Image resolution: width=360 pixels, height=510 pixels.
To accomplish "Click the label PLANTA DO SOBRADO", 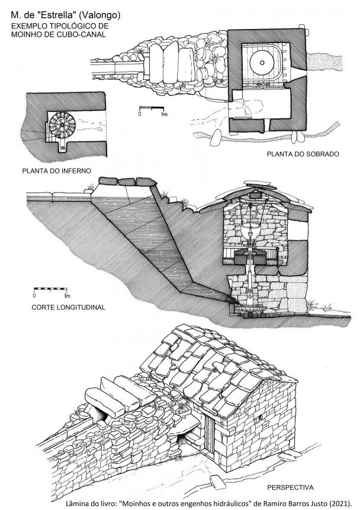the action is (303, 154).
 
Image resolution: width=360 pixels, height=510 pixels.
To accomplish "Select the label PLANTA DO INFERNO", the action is (57, 171).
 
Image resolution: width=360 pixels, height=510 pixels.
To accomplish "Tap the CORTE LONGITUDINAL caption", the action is (68, 307).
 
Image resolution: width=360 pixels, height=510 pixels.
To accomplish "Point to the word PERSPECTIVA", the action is (290, 487).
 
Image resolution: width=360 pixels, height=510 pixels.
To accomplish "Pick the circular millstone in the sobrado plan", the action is (262, 62).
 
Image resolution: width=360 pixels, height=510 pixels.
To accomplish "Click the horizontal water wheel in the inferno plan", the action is (62, 125).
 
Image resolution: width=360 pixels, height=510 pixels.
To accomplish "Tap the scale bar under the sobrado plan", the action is (152, 108).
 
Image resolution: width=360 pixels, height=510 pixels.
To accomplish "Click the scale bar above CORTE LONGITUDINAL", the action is (50, 289).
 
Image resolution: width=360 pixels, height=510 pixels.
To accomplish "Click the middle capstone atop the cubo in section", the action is (127, 181).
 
